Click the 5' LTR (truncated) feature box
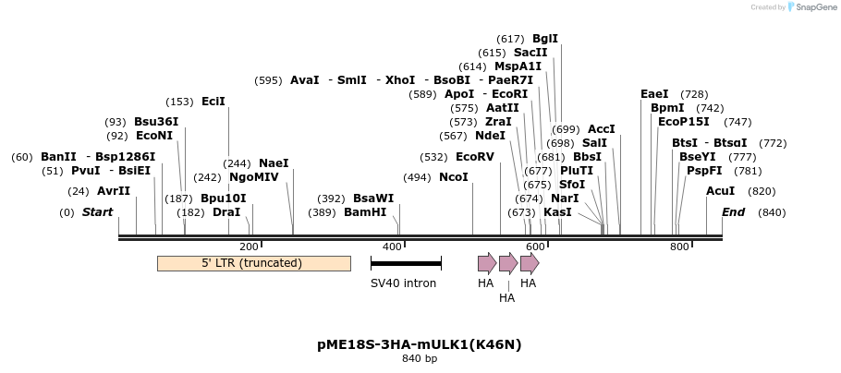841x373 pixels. (253, 263)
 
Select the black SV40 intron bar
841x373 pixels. (406, 264)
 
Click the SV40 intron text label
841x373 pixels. (403, 283)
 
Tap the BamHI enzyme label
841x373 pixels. (365, 212)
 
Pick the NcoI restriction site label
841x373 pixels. (453, 177)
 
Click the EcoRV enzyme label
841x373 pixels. (475, 157)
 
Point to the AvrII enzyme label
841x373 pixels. (114, 191)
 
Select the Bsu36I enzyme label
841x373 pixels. (156, 121)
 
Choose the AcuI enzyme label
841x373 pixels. (720, 191)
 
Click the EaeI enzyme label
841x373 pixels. (654, 94)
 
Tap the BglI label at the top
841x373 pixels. (545, 39)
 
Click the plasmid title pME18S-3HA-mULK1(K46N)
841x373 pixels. (420, 344)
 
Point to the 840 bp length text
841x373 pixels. (420, 359)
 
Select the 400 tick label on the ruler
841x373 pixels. (392, 247)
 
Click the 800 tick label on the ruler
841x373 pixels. (679, 247)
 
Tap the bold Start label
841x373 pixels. (97, 212)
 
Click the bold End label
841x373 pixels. (733, 212)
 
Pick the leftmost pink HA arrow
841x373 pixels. (487, 263)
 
